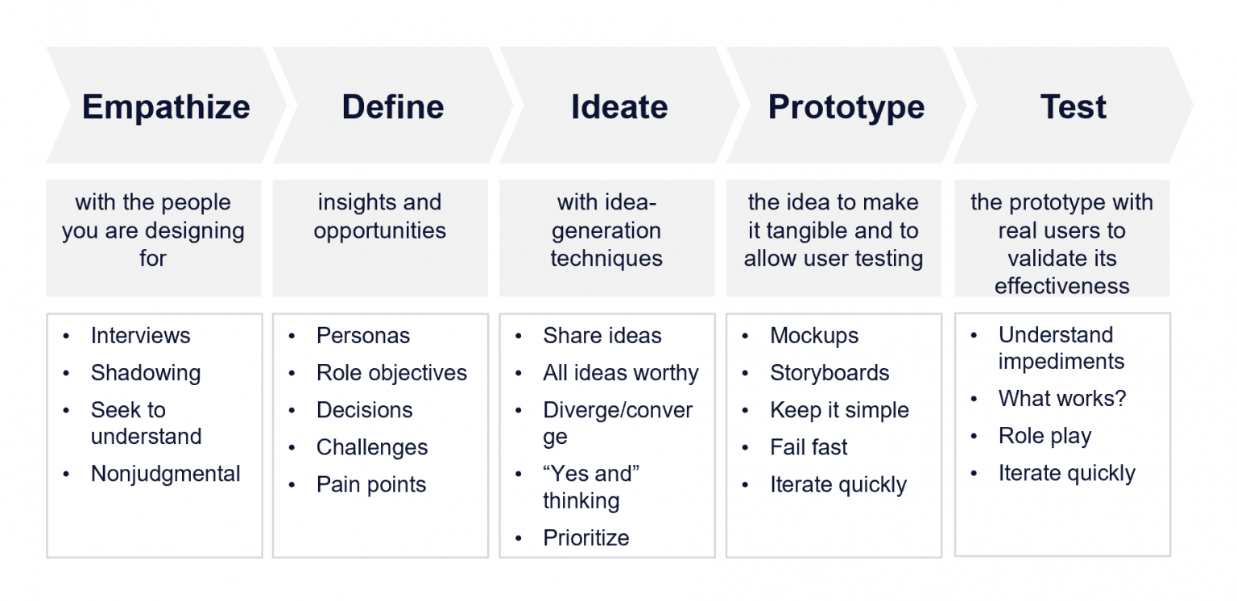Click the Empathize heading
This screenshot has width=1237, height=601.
point(166,107)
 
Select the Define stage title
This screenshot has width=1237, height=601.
point(392,107)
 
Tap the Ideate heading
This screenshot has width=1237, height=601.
point(619,107)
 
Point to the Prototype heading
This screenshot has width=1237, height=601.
point(846,107)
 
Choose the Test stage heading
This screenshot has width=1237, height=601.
point(1073,107)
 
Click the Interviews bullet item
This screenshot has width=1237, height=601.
point(140,336)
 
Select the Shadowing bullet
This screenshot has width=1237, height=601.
point(145,373)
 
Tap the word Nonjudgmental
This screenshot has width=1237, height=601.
point(165,474)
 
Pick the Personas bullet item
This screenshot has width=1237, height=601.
point(362,336)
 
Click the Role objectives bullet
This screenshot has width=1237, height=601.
point(391,373)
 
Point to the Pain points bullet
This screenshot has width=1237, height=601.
point(370,485)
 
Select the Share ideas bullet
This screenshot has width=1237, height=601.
point(602,336)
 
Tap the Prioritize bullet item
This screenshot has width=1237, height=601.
point(585,538)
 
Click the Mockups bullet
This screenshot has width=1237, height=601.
point(813,336)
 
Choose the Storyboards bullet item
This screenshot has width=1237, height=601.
point(829,373)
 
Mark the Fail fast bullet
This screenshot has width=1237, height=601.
point(809,447)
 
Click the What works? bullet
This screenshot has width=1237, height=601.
point(1061,399)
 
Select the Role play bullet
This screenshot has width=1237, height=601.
point(1045,437)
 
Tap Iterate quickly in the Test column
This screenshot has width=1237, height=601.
point(1066,474)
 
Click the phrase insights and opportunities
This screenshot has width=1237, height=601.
point(379,216)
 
